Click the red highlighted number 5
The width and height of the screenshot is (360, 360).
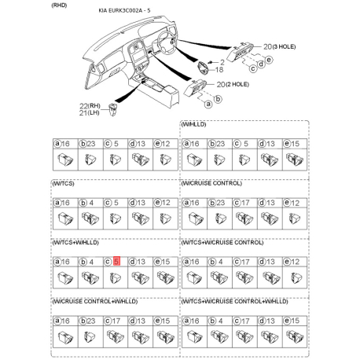tap(116, 261)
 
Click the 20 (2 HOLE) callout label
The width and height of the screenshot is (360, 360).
tap(233, 83)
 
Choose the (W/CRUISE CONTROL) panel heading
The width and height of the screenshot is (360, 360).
tap(212, 184)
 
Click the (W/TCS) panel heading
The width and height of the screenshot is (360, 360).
tap(64, 184)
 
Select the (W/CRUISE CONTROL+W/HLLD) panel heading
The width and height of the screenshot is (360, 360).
tap(90, 302)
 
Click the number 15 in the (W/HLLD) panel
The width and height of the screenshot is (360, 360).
tap(295, 143)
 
